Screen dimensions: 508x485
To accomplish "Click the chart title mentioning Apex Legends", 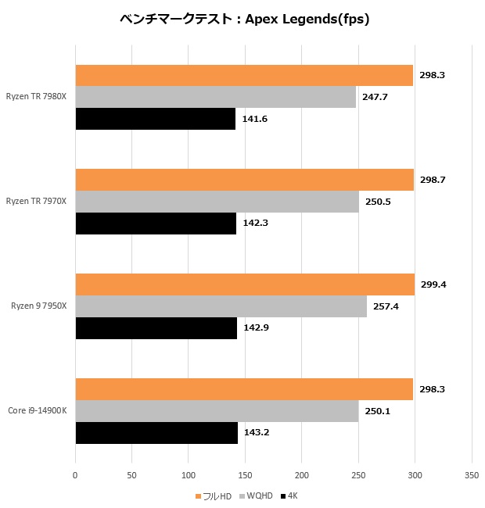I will click(x=242, y=20).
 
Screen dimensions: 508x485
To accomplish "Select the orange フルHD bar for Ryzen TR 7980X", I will click(x=244, y=75).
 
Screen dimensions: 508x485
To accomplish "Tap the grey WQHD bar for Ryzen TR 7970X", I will click(x=217, y=202).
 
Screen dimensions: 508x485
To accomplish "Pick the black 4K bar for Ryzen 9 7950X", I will click(x=156, y=327).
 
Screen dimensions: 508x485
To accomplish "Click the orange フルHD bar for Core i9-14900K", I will click(x=244, y=389).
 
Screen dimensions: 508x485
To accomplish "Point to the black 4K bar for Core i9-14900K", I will click(x=156, y=432).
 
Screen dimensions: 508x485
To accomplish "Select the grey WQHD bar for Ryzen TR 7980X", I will click(x=216, y=97).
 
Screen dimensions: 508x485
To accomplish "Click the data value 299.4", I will click(x=433, y=284).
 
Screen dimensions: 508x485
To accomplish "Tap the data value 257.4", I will click(x=386, y=306).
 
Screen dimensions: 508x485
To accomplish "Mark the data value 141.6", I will click(x=254, y=119).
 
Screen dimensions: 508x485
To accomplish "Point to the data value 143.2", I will click(x=257, y=432).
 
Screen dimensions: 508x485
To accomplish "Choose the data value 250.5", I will click(x=378, y=202).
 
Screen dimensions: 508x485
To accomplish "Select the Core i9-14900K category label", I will click(x=38, y=410).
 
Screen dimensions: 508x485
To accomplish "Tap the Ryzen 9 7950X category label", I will click(x=39, y=306).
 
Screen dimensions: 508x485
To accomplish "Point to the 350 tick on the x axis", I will click(x=471, y=474).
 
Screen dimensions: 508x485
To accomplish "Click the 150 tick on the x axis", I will click(x=245, y=474).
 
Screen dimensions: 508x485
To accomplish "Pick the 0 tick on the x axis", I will click(x=75, y=474).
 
